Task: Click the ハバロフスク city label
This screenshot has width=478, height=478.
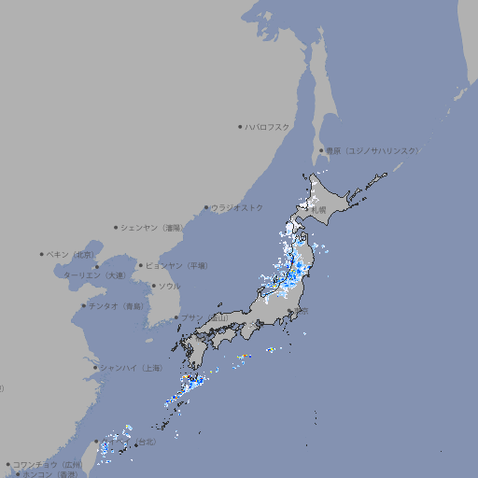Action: (x=268, y=126)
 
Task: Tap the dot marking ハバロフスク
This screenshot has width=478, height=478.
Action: (x=240, y=126)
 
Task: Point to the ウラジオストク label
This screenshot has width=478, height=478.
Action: (x=238, y=207)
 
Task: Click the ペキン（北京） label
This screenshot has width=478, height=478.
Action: (x=71, y=254)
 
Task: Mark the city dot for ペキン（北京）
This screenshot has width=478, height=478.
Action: (x=42, y=254)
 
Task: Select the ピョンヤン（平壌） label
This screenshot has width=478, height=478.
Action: (x=176, y=265)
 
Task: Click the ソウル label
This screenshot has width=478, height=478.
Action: (x=169, y=287)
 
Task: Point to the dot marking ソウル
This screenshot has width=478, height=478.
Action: (x=153, y=287)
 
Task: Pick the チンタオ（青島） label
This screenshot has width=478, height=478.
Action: (x=116, y=306)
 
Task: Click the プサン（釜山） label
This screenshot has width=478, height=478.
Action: (x=204, y=318)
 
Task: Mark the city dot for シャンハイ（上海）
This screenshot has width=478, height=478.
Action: (x=95, y=368)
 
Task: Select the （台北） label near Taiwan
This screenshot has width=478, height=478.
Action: (x=147, y=441)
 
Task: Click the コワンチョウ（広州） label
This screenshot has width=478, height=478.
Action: (x=48, y=464)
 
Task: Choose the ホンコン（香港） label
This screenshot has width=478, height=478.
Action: (x=49, y=474)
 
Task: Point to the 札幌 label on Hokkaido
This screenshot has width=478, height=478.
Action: (x=318, y=211)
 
